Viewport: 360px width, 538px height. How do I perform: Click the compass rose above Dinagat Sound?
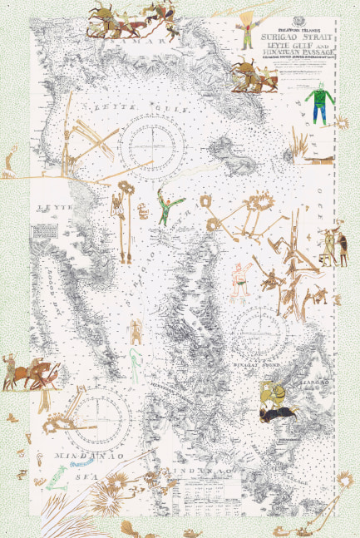pyautogui.click(x=259, y=324)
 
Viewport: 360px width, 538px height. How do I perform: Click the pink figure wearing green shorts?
pyautogui.click(x=240, y=277)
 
